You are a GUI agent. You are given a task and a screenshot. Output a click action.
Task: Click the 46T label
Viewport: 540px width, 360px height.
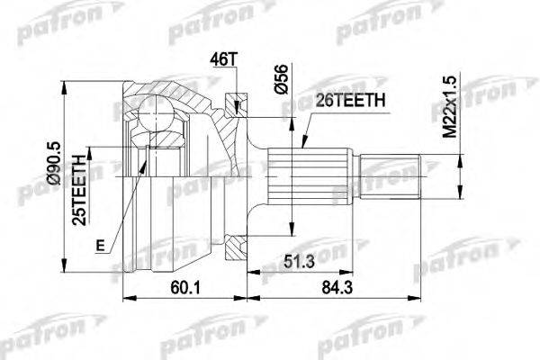click(224, 59)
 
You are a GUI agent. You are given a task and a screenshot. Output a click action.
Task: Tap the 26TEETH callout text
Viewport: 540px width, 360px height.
click(350, 101)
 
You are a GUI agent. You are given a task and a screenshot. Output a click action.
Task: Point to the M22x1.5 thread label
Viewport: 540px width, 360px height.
click(449, 107)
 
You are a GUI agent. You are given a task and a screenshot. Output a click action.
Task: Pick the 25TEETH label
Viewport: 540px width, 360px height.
click(79, 191)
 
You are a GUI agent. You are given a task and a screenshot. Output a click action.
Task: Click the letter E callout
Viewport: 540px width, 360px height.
click(100, 246)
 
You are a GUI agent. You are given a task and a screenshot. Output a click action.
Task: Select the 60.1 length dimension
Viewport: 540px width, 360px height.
click(185, 288)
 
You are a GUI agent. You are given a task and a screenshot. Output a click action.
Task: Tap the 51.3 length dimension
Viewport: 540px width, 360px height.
click(299, 262)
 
